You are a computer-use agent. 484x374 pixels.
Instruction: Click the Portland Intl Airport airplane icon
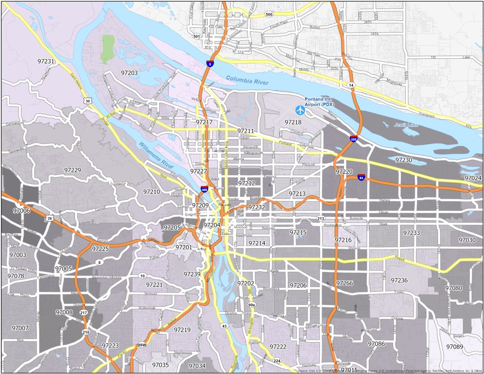300,110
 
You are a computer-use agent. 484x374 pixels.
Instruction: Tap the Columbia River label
247,81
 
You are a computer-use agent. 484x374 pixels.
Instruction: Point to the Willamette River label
156,155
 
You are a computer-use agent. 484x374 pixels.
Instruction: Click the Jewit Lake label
406,125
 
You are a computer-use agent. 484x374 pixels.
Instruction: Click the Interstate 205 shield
354,139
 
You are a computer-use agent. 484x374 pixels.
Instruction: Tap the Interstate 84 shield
361,177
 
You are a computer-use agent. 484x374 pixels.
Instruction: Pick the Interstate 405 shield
204,189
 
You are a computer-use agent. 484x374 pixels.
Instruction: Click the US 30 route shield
88,101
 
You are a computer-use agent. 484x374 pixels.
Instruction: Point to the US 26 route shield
49,218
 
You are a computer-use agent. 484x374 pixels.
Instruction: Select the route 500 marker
269,14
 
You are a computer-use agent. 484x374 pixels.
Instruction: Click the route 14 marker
351,85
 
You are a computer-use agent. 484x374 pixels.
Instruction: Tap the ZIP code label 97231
46,61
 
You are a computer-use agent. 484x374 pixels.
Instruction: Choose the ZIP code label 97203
129,73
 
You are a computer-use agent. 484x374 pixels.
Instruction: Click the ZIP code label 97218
293,122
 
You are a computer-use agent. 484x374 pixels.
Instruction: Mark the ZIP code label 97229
72,170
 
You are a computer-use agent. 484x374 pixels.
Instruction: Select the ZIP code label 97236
399,280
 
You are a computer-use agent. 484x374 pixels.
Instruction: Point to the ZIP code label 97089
455,347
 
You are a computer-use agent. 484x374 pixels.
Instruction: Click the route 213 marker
321,218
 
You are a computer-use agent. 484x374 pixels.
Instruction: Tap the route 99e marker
251,305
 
